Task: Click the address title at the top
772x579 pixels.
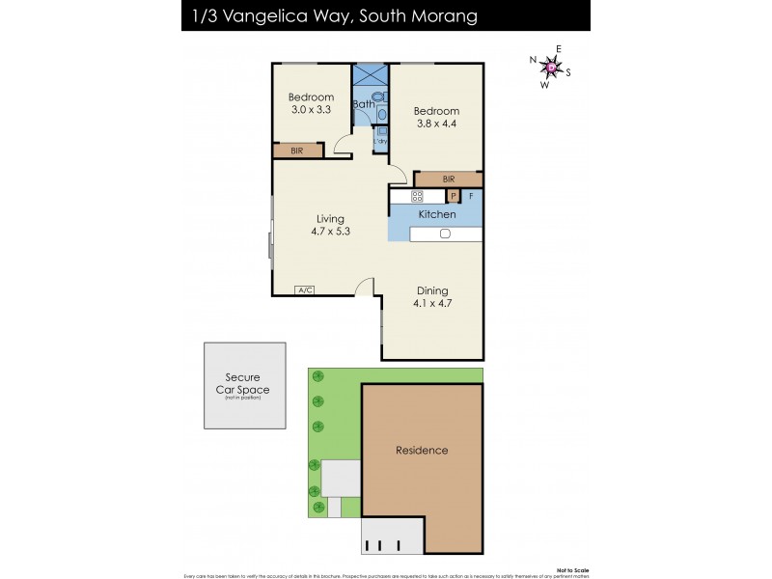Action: [328, 16]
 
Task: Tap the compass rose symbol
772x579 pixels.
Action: [550, 67]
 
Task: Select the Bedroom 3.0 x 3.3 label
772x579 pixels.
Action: [311, 103]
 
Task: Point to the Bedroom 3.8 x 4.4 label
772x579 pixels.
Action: [436, 118]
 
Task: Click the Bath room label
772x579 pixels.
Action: [363, 104]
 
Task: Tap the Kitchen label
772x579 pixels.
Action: [436, 214]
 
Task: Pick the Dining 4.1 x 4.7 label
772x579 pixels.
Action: [434, 296]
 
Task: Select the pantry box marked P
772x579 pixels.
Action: [452, 196]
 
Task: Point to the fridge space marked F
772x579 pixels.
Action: [472, 196]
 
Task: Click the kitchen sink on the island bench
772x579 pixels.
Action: [445, 234]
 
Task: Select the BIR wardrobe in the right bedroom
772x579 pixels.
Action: [449, 179]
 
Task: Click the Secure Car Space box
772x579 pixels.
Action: [244, 384]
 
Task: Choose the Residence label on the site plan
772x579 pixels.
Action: [422, 450]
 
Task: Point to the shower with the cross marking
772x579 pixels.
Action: [369, 75]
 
